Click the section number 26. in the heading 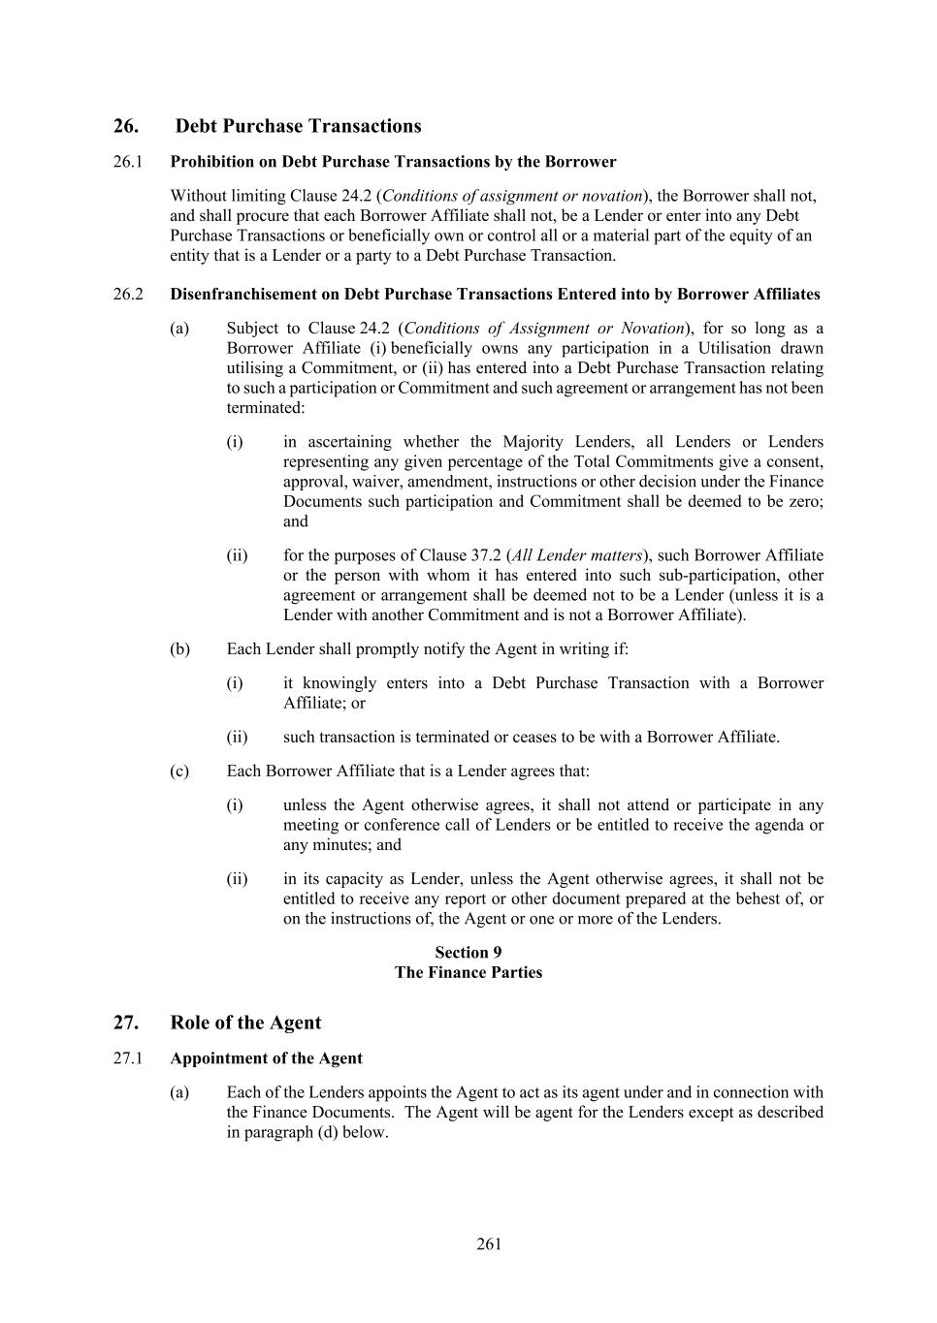point(125,126)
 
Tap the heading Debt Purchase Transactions point(298,126)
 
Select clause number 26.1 point(127,162)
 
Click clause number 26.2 point(127,295)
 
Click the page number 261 point(489,1244)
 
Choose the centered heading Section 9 point(468,953)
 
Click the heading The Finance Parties point(468,972)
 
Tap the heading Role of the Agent point(245,1023)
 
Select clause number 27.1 point(127,1058)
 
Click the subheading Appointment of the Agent point(266,1058)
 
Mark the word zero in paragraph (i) point(802,501)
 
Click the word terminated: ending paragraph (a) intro point(265,408)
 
